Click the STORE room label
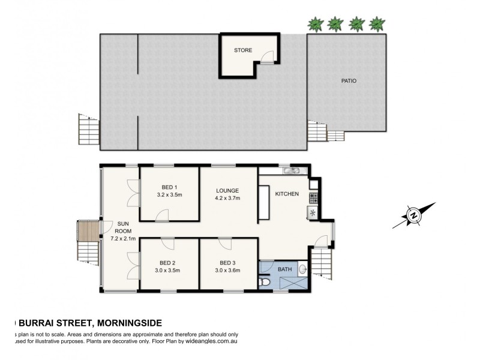click(x=243, y=50)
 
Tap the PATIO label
click(x=349, y=81)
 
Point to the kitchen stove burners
click(x=313, y=197)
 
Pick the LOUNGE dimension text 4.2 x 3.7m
click(x=228, y=199)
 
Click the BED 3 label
click(x=228, y=263)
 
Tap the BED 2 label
click(x=168, y=263)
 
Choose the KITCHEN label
click(x=287, y=194)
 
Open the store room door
click(x=268, y=57)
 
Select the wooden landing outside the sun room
click(x=89, y=230)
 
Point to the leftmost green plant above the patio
click(x=315, y=24)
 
